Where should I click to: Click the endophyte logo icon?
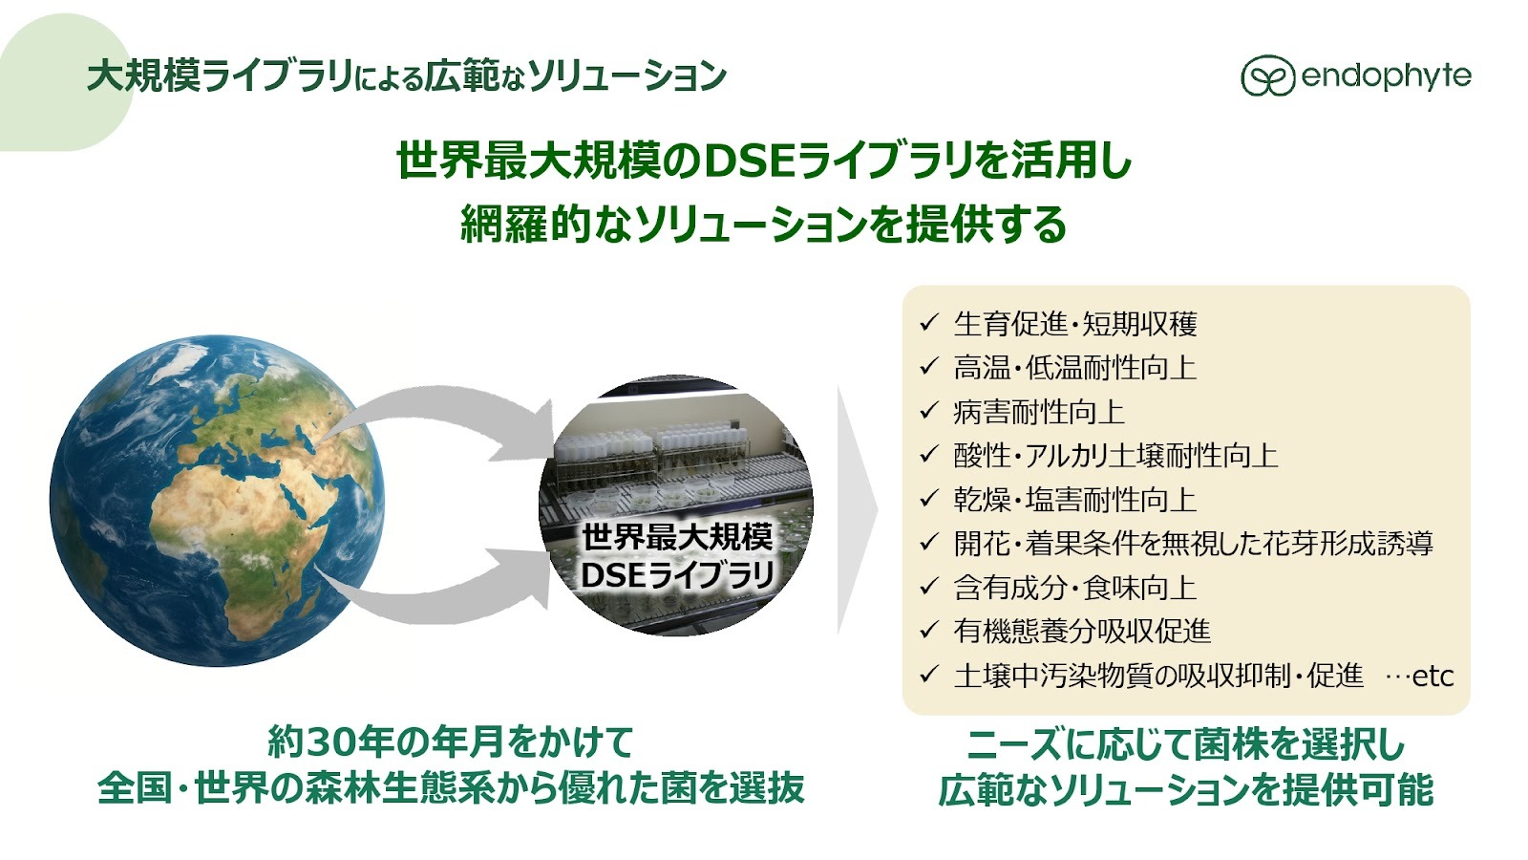(x=1267, y=75)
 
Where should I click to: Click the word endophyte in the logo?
(x=1386, y=76)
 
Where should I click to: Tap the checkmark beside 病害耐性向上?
(x=929, y=412)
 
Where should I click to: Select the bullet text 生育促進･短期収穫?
(x=1075, y=324)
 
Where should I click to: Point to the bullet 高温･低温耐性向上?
(x=1075, y=367)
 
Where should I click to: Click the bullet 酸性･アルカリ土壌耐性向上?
(x=1115, y=455)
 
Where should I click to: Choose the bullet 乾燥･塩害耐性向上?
(x=1075, y=500)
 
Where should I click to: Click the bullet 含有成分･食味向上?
(x=1075, y=588)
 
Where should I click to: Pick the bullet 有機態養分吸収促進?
(x=1082, y=632)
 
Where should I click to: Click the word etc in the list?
(x=1432, y=677)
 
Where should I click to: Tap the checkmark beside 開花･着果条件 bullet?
(x=929, y=544)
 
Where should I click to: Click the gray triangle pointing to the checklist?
(x=856, y=509)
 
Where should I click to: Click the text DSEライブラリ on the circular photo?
(x=677, y=575)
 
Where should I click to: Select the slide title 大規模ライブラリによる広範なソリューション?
(x=407, y=75)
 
